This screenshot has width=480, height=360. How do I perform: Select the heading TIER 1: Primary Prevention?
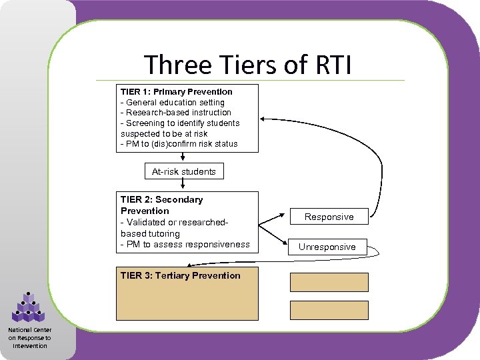click(x=177, y=91)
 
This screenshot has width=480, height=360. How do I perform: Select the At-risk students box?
click(x=184, y=171)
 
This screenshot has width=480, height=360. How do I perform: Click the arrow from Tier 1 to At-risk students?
click(x=184, y=157)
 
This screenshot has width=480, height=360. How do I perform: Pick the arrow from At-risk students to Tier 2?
click(x=184, y=185)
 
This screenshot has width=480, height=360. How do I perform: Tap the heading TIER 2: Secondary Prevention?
click(x=161, y=205)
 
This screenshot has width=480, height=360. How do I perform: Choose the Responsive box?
click(x=329, y=217)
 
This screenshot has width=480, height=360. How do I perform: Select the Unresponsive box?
click(x=327, y=247)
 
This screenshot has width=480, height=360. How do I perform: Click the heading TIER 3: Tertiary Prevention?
click(x=180, y=275)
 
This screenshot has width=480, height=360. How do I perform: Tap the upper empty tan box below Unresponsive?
click(x=329, y=282)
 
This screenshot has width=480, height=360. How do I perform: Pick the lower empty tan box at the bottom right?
click(x=329, y=309)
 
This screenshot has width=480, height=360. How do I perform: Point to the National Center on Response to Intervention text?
click(x=29, y=337)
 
